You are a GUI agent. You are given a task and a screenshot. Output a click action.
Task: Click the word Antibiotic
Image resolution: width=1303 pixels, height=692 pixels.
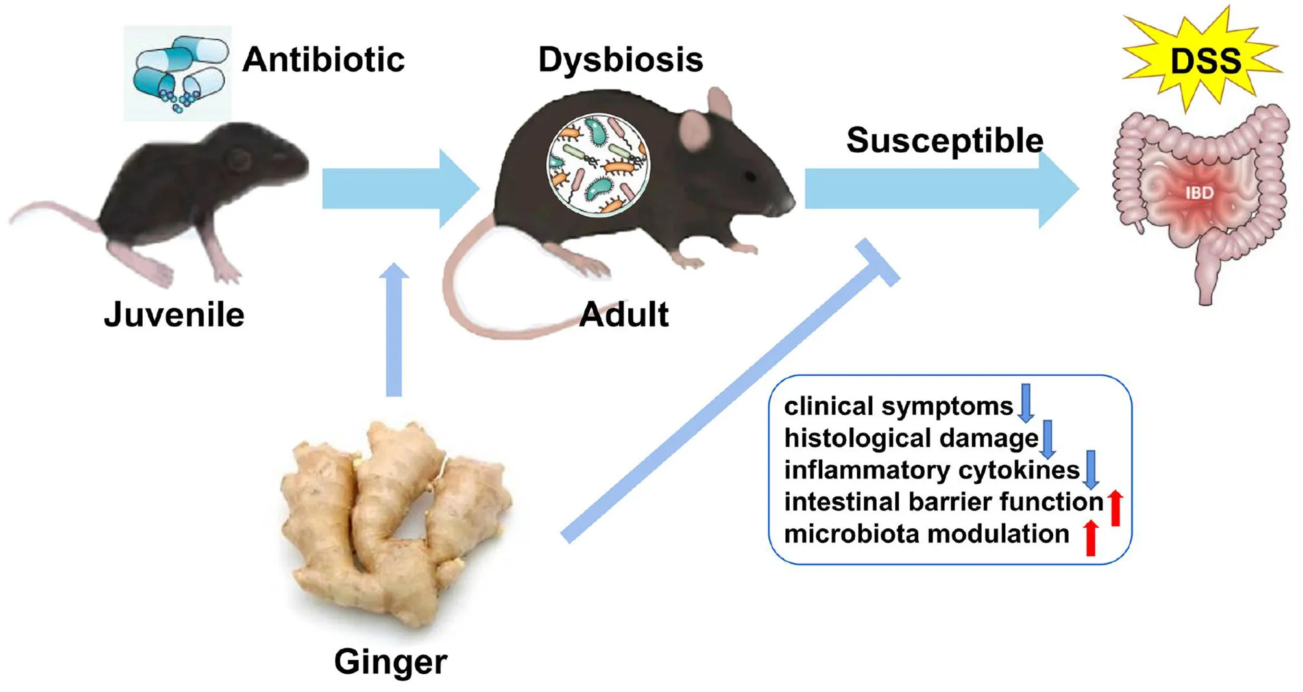(x=323, y=60)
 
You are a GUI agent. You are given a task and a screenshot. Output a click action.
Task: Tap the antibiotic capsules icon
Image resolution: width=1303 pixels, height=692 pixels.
(x=177, y=73)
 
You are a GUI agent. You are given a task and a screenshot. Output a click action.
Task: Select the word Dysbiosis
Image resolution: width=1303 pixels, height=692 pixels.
(x=620, y=60)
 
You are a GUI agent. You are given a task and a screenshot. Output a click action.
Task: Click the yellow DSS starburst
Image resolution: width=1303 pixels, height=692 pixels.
(x=1204, y=60)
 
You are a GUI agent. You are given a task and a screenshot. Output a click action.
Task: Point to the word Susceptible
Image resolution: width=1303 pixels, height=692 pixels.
(x=944, y=140)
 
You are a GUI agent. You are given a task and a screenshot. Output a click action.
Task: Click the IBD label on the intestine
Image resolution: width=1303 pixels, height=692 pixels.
(x=1199, y=193)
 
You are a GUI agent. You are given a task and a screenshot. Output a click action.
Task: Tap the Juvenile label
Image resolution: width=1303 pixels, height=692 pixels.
(x=174, y=315)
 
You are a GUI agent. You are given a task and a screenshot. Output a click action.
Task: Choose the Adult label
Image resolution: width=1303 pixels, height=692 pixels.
(x=624, y=315)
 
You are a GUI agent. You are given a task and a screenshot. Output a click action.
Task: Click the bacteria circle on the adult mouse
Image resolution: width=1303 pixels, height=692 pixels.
(x=598, y=164)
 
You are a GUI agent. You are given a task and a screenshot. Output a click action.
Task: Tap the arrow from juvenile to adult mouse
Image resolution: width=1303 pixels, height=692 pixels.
(x=399, y=189)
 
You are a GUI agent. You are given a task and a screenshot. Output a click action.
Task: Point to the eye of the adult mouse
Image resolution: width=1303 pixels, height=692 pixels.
(x=750, y=176)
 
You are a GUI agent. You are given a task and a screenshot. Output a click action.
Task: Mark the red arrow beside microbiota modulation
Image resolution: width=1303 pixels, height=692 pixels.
(x=1091, y=538)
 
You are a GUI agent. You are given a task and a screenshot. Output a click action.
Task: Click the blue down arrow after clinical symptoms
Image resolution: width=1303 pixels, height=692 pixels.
(x=1026, y=403)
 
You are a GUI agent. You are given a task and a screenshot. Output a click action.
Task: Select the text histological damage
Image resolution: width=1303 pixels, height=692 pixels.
(x=911, y=438)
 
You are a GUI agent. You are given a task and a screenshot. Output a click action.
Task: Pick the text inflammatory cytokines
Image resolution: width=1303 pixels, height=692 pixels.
(x=931, y=470)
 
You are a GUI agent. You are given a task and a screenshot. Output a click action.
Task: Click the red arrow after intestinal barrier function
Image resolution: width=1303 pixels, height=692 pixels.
(x=1115, y=508)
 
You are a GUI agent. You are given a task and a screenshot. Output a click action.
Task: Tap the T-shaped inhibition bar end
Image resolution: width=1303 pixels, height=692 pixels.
(x=877, y=262)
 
